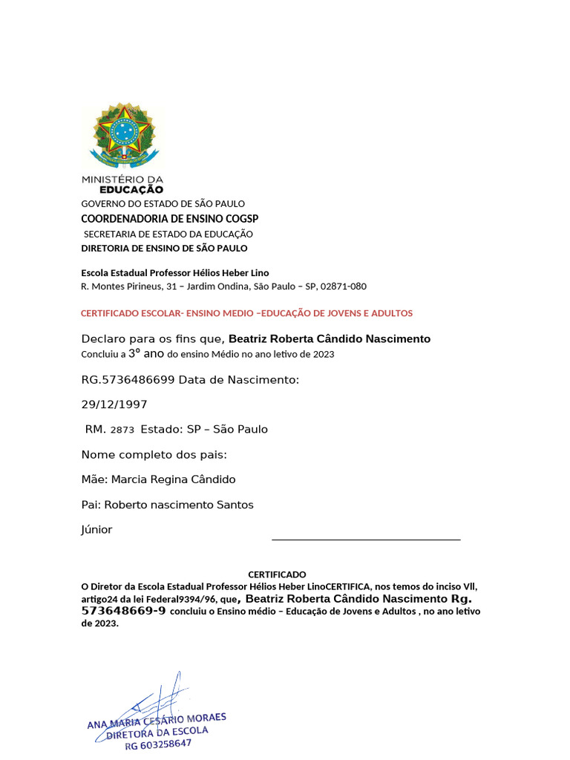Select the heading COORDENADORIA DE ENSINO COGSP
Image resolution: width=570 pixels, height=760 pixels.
(x=169, y=219)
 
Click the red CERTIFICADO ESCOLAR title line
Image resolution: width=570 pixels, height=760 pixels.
(x=246, y=313)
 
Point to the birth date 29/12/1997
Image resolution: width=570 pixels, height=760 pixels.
(x=114, y=404)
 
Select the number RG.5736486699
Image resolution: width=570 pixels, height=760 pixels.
(x=128, y=380)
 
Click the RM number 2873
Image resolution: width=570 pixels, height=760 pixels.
(x=122, y=430)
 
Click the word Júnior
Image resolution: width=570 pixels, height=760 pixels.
(x=96, y=530)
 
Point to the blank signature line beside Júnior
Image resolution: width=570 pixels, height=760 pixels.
(x=366, y=540)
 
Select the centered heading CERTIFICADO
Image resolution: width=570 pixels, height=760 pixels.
(x=276, y=574)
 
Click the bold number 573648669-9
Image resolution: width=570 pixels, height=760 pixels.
(x=123, y=611)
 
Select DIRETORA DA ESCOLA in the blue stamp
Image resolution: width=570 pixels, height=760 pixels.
(x=157, y=733)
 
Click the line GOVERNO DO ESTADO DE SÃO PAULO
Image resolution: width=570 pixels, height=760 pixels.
(x=163, y=204)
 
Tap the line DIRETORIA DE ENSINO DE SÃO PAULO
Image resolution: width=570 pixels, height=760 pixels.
(x=164, y=249)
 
